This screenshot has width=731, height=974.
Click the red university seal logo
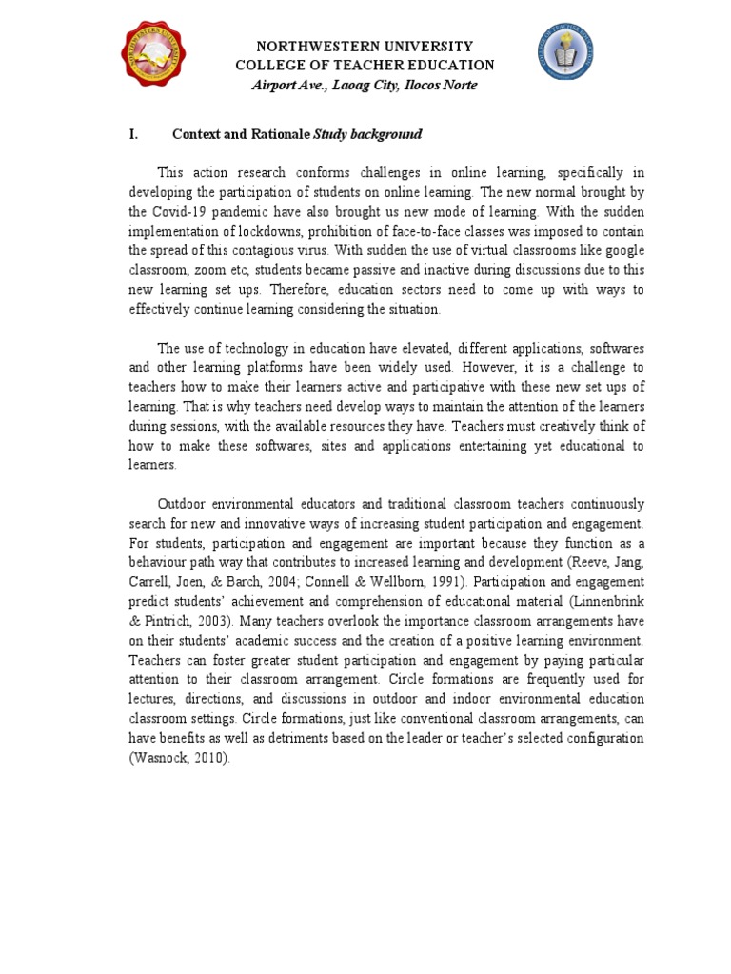[x=154, y=53]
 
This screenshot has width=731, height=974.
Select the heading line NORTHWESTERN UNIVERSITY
[x=365, y=46]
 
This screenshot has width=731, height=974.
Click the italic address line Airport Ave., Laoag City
[x=365, y=86]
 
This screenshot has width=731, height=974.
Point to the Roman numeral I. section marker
[x=134, y=134]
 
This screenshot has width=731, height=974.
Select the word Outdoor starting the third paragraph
[x=182, y=504]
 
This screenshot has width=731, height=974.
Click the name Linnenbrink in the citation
[x=606, y=601]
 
